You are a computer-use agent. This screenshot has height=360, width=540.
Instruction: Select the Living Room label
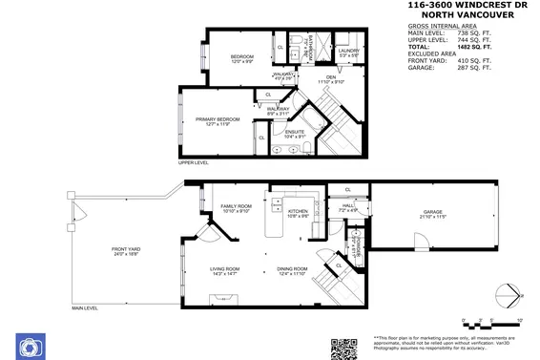point(225,271)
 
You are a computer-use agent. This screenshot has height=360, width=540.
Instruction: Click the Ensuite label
point(296,134)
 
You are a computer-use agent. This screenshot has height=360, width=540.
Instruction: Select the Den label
point(331,79)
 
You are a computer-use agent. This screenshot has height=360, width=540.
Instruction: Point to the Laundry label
point(348,53)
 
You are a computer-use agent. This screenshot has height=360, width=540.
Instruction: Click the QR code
point(343,347)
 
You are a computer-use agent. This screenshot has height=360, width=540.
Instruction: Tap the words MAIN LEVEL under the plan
point(83,308)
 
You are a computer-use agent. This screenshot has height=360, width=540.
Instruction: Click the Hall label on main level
point(348,206)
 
